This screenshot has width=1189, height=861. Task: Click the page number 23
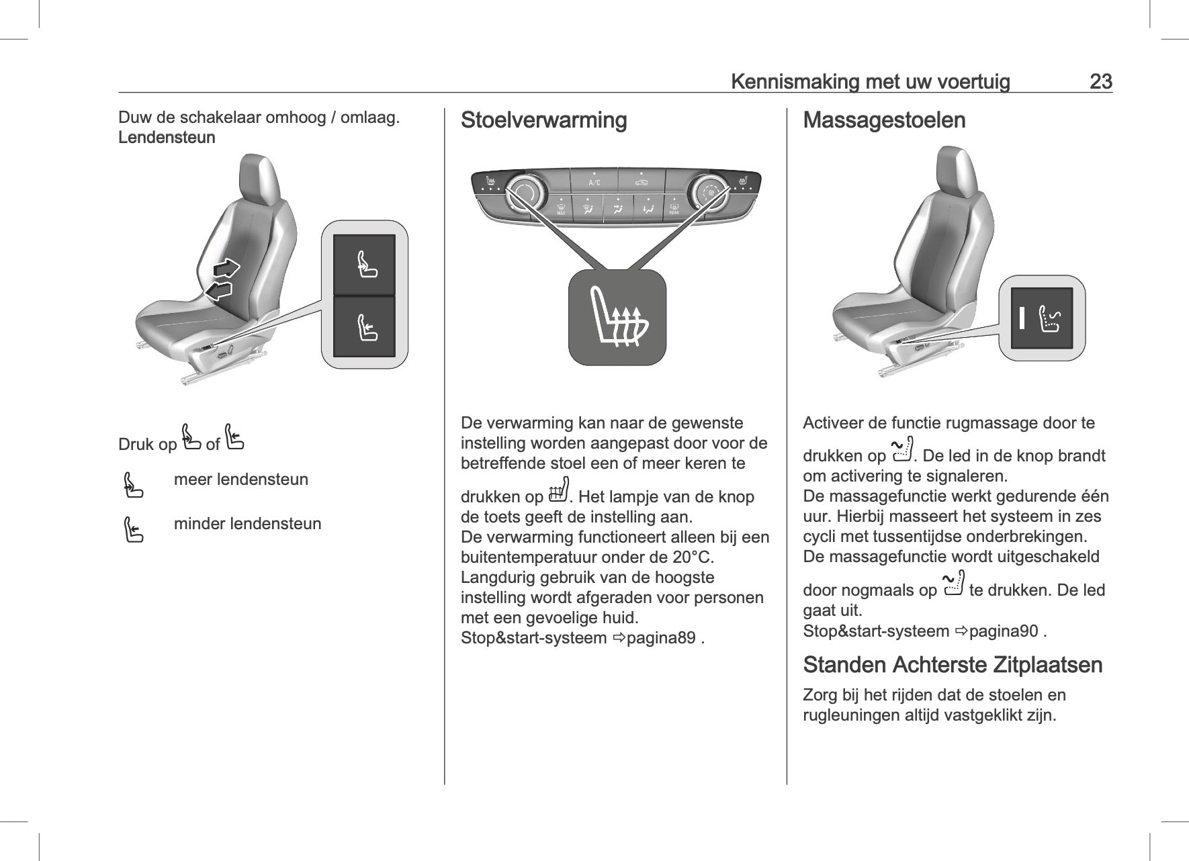(1100, 82)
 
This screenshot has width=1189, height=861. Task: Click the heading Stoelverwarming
(543, 121)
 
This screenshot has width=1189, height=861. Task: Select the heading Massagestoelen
(884, 121)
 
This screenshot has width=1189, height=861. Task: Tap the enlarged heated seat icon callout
(617, 318)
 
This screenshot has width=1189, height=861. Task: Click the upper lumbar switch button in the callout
(364, 265)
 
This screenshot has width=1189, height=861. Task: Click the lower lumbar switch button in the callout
(364, 326)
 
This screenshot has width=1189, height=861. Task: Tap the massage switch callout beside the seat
(1042, 318)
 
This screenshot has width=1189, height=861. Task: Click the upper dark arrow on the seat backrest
(227, 269)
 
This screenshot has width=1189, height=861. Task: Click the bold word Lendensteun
(167, 138)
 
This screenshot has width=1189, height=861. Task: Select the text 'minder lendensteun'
(247, 524)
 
